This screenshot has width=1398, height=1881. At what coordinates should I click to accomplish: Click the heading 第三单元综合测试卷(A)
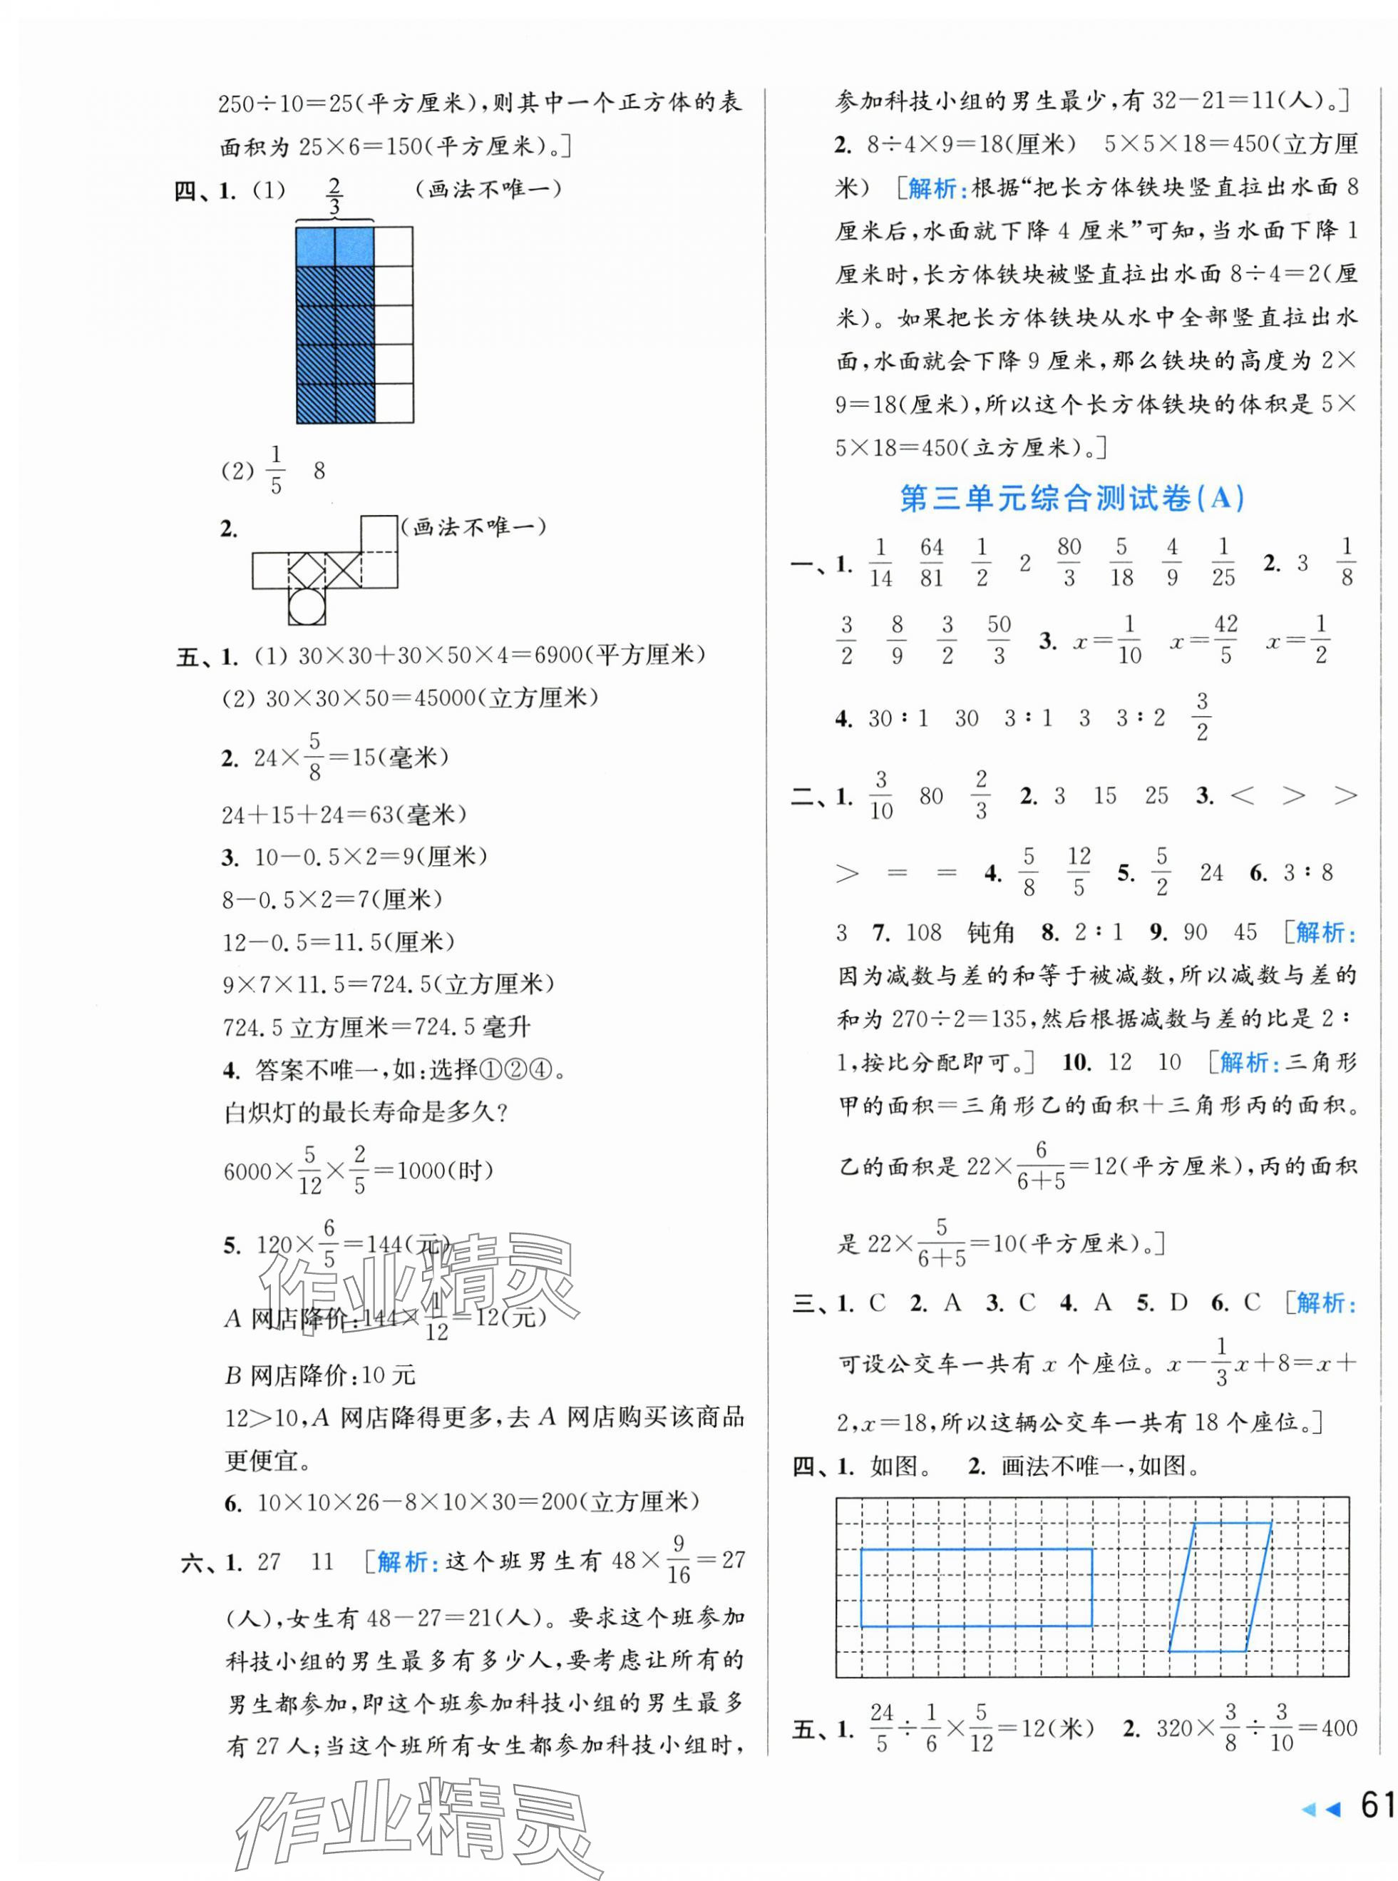(x=1071, y=499)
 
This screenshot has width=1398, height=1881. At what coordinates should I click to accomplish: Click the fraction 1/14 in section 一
(x=880, y=563)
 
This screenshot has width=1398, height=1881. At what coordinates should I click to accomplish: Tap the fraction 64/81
(x=931, y=563)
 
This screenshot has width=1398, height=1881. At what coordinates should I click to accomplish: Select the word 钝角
(x=990, y=933)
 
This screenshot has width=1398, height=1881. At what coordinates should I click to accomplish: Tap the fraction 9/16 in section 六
(x=678, y=1560)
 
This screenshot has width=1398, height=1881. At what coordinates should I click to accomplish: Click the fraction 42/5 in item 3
(x=1225, y=640)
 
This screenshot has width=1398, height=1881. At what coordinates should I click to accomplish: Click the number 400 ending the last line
(x=1338, y=1728)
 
